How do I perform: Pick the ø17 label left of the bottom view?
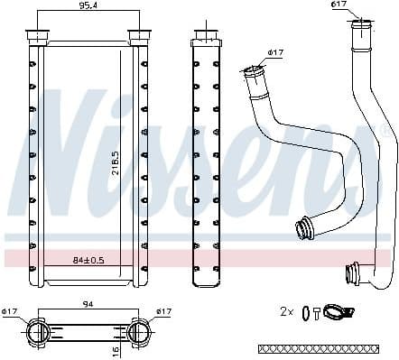point(11,312)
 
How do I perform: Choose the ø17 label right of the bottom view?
point(162,312)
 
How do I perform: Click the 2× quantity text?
point(287,311)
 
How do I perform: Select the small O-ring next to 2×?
point(306,312)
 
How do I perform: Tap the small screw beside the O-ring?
point(318,312)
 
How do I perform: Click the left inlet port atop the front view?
point(38,36)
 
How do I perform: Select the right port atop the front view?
point(139,36)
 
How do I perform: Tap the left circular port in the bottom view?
point(38,331)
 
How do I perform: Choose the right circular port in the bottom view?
point(140,331)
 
